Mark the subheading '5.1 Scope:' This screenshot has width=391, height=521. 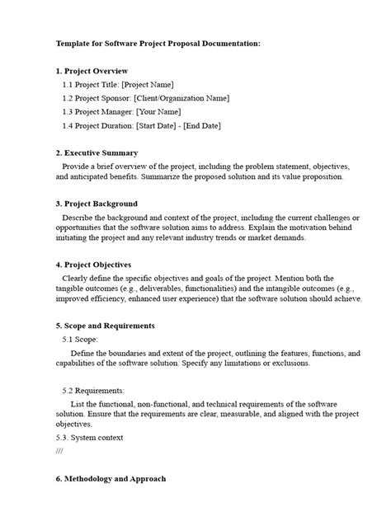click(81, 339)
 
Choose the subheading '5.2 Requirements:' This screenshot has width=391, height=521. click(93, 390)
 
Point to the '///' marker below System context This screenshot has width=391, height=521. click(59, 452)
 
